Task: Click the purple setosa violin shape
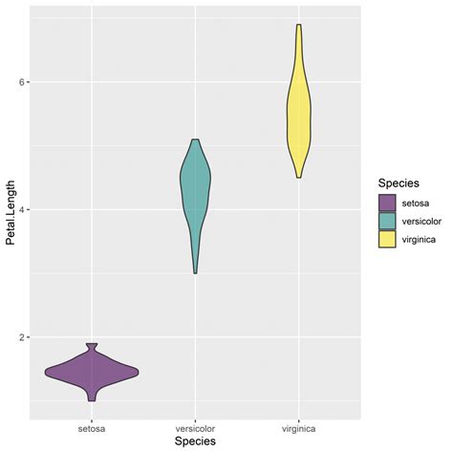(92, 372)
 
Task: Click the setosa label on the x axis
(92, 428)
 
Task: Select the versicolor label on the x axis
(195, 428)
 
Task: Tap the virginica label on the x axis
(299, 428)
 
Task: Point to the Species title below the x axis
(195, 442)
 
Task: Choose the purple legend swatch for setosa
(387, 203)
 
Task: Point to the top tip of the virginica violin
(299, 26)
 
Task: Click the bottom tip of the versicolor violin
(195, 273)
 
